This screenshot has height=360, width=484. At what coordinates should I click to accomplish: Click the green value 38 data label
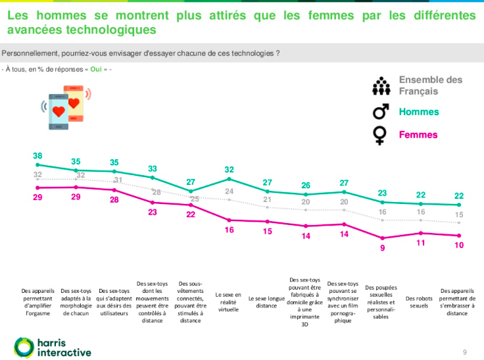pos(37,156)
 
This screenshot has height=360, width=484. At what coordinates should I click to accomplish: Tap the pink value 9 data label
pos(383,248)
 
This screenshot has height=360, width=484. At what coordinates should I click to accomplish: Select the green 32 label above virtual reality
pos(229,169)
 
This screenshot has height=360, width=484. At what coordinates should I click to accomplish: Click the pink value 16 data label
pos(229,230)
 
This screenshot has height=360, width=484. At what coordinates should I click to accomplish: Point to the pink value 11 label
pos(421,244)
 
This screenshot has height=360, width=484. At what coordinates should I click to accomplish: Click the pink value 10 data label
pos(460,245)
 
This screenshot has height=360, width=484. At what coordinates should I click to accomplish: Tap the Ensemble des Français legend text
pos(430,85)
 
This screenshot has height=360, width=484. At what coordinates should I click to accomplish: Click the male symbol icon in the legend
pos(380,111)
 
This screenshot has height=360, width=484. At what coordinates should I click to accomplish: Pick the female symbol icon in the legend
pos(380,136)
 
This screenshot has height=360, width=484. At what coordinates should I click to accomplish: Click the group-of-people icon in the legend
pos(381,86)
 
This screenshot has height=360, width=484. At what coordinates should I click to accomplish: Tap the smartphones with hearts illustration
pos(64,107)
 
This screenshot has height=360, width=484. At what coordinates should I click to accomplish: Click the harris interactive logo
pos(53,347)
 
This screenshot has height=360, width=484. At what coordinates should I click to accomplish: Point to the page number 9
pos(465,351)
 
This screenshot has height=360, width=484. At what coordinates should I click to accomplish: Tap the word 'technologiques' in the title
pos(108,29)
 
